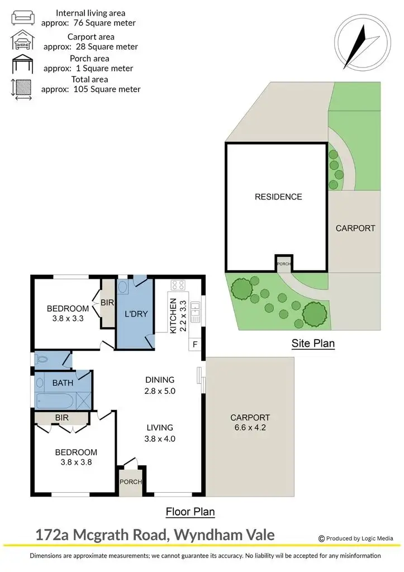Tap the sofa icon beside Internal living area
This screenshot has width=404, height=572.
point(21,17)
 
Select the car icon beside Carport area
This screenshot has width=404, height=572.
point(21,41)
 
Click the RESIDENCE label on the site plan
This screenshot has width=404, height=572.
point(278,197)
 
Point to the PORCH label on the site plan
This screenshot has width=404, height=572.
point(283,264)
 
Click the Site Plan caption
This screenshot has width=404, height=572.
point(313,344)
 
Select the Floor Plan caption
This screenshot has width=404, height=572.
point(190,511)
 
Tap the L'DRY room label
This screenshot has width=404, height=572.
point(135,314)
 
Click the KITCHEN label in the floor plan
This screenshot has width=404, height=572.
point(174,316)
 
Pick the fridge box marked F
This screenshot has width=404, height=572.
point(194,344)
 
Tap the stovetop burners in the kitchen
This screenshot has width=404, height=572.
point(178,285)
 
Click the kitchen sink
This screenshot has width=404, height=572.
point(195,312)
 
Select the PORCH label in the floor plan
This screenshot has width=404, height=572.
point(131,482)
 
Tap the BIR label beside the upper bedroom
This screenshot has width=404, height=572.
point(107,303)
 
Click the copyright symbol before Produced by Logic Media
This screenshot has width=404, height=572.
point(321,538)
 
